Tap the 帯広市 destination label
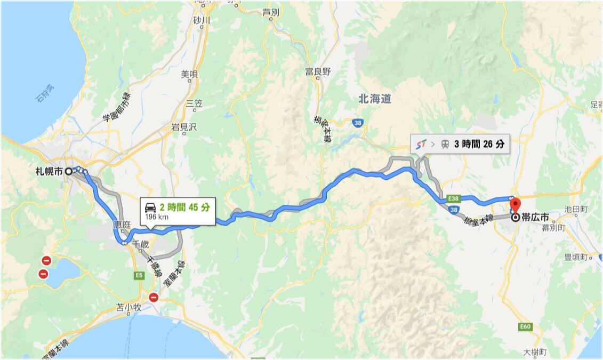pos(536,218)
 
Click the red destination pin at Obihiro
pos(514,205)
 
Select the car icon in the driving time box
pos(150,207)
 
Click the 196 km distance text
pos(154,217)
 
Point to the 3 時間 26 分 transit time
pos(479,144)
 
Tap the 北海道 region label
pos(375,99)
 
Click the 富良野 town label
pos(318,71)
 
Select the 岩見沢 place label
pos(184,127)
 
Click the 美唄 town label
pos(189,74)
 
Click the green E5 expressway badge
pos(139,275)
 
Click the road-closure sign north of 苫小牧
pos(154,298)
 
